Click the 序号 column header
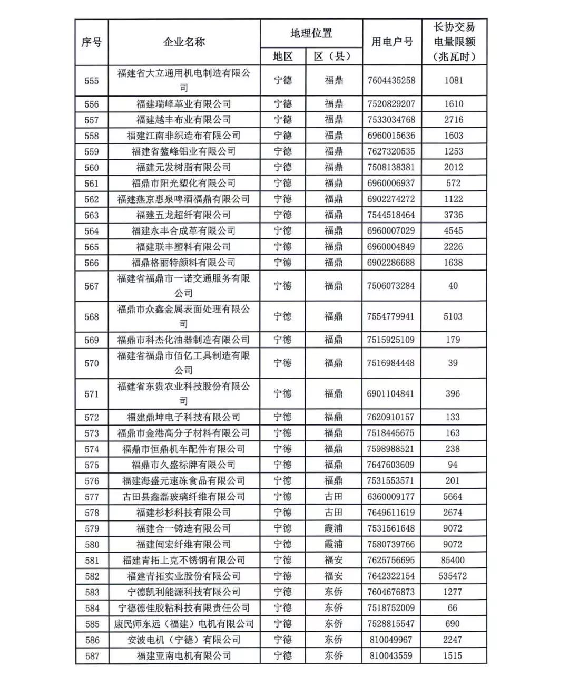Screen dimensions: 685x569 tap(92, 42)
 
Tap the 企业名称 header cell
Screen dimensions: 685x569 tap(184, 42)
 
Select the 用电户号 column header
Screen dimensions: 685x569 tap(392, 42)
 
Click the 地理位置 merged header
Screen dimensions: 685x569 tap(311, 33)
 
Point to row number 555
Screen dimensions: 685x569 tap(92, 81)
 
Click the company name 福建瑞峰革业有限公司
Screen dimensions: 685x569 tap(184, 104)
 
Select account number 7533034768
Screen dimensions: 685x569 tap(391, 120)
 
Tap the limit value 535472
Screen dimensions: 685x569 tap(453, 576)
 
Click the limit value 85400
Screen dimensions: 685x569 tap(453, 561)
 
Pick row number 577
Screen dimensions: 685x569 tap(92, 497)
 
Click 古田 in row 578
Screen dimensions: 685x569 tap(333, 513)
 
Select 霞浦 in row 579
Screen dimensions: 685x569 tap(333, 528)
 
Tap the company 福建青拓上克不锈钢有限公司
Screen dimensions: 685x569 tap(184, 561)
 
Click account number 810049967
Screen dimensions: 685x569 tap(391, 640)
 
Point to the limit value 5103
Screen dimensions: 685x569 tap(453, 316)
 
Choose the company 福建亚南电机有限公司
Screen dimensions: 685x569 tap(184, 656)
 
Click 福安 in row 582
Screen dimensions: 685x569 tap(333, 576)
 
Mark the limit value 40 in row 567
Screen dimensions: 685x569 tap(453, 286)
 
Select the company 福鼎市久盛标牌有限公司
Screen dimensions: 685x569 tap(184, 465)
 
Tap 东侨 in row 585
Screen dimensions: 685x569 tap(333, 624)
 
